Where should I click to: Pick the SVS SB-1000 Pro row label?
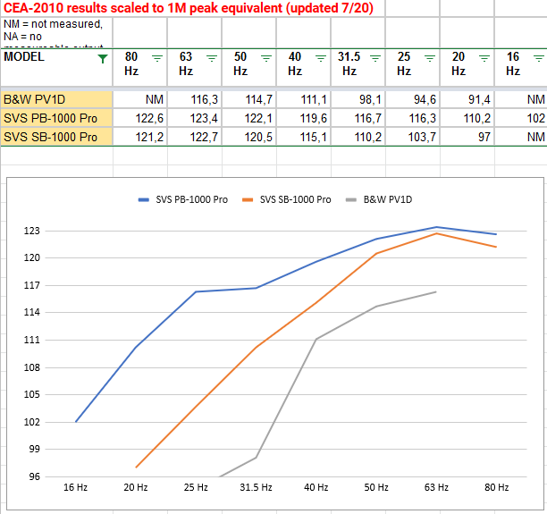coord(50,137)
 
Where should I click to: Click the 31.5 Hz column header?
coord(354,63)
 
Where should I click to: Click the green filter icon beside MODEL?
coord(103,58)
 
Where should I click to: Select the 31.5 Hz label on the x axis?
coord(256,487)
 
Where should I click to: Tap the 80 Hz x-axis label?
coord(496,487)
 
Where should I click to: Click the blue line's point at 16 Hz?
coord(76,421)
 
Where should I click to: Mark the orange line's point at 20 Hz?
coord(136,467)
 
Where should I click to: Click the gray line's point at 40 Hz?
coord(316,339)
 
